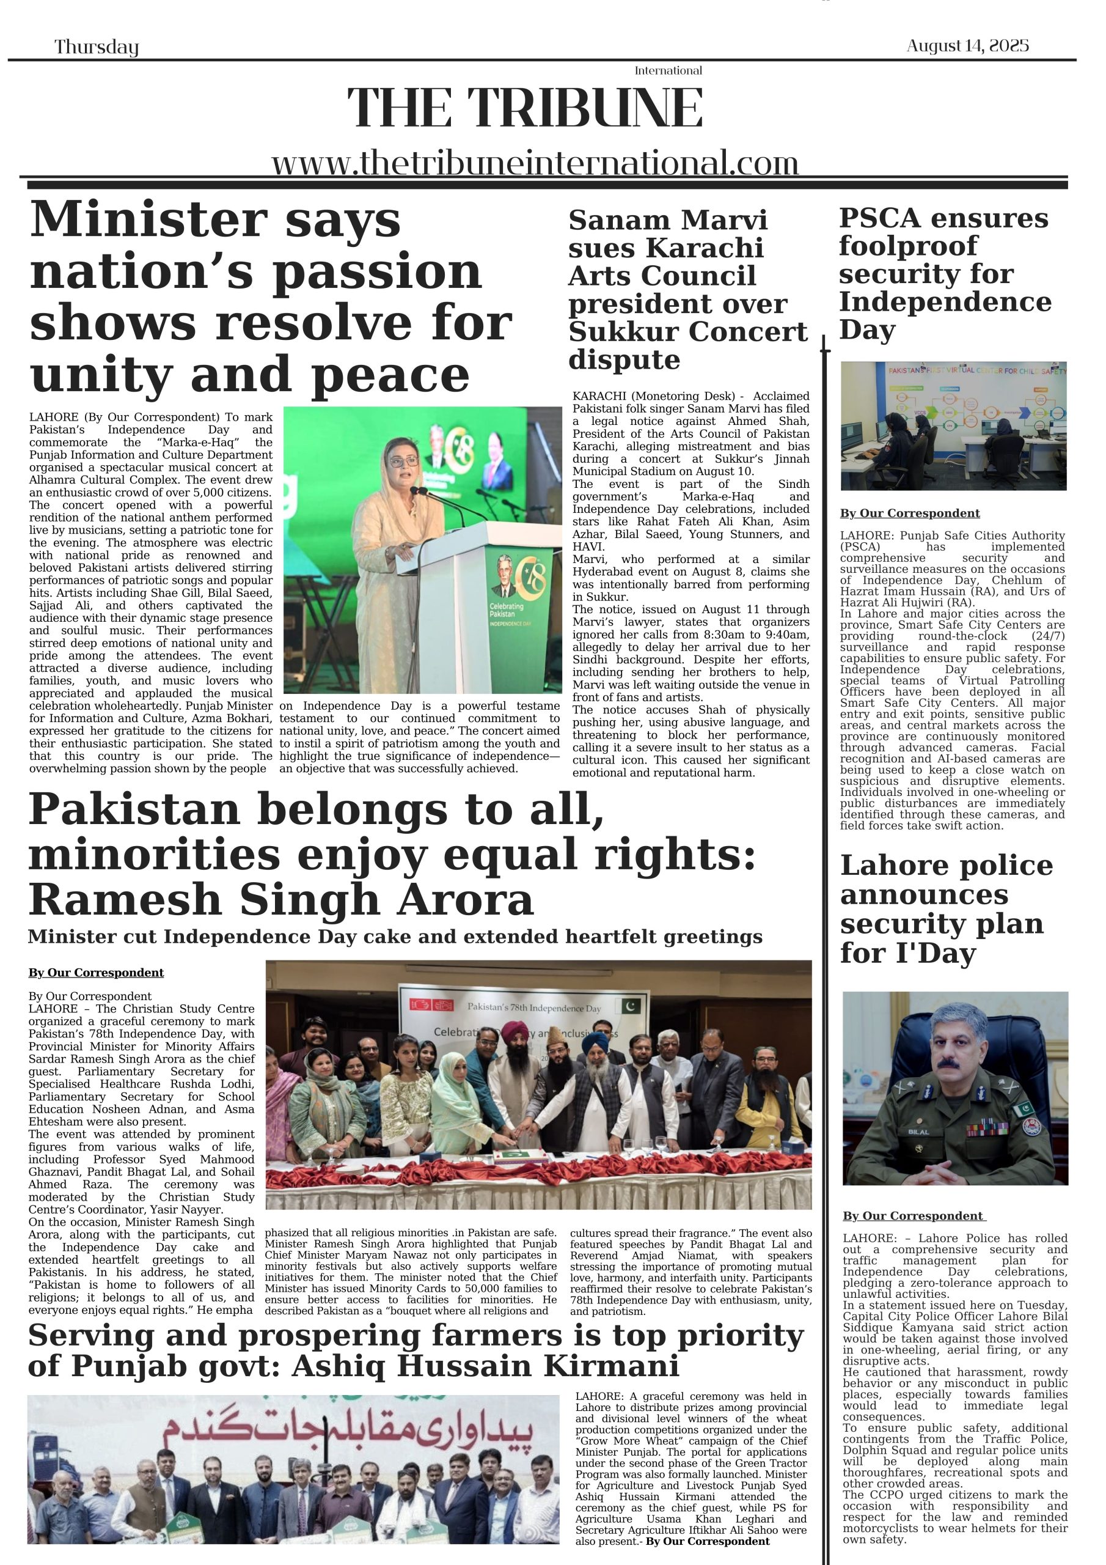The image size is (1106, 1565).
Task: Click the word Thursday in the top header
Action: click(96, 47)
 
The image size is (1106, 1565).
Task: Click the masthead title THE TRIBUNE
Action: click(525, 108)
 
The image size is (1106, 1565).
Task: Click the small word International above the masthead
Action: click(668, 71)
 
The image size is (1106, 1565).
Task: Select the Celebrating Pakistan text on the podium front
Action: click(507, 610)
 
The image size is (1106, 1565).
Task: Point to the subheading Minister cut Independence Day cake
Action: click(395, 937)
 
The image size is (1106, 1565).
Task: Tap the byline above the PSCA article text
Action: click(910, 514)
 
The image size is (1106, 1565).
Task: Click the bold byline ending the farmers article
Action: click(708, 1541)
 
